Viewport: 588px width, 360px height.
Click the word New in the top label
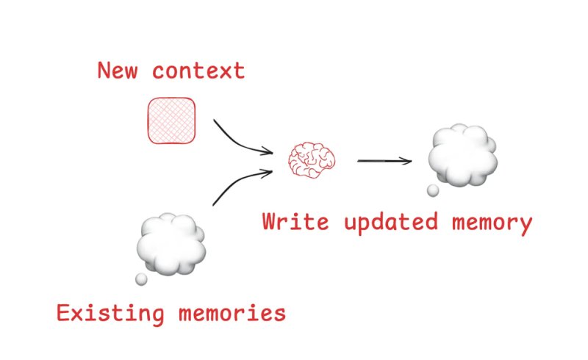[118, 70]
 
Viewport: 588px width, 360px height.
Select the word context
[198, 71]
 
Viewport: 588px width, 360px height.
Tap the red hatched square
[171, 120]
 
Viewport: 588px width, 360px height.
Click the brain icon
[312, 159]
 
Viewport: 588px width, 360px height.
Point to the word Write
[295, 221]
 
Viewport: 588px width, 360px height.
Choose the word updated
[391, 223]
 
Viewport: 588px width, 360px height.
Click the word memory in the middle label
[492, 224]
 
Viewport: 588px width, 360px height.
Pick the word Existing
[111, 314]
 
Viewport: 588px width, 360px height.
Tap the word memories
[232, 313]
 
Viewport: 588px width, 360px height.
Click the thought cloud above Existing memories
[171, 244]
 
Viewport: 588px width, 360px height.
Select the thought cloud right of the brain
[463, 155]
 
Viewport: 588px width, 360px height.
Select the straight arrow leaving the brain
[384, 161]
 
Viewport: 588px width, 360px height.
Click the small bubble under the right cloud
[433, 190]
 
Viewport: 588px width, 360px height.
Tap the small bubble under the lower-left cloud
[141, 279]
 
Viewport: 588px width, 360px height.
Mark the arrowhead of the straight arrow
[407, 161]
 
